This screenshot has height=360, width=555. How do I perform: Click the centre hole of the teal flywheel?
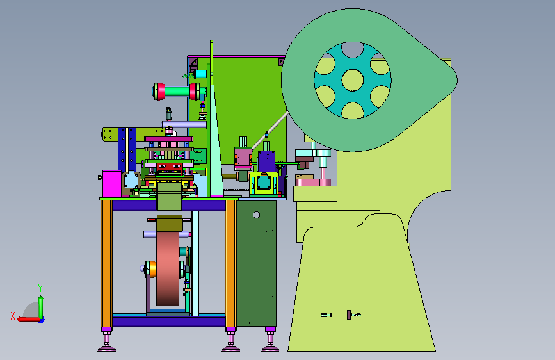pos(353,80)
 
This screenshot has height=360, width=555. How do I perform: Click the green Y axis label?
pos(40,288)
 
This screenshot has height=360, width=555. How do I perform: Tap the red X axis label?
pos(13,316)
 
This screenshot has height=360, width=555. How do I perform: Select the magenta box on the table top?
pos(112,184)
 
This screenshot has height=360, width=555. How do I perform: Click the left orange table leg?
pos(106,264)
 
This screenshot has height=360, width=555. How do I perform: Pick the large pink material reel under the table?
pos(168,268)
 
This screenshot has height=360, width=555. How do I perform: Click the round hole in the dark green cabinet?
pos(257,215)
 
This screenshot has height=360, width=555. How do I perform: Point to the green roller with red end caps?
pos(176,92)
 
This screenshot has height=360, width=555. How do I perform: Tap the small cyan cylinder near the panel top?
pos(200,74)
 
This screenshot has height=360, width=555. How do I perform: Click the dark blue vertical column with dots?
pos(127,150)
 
